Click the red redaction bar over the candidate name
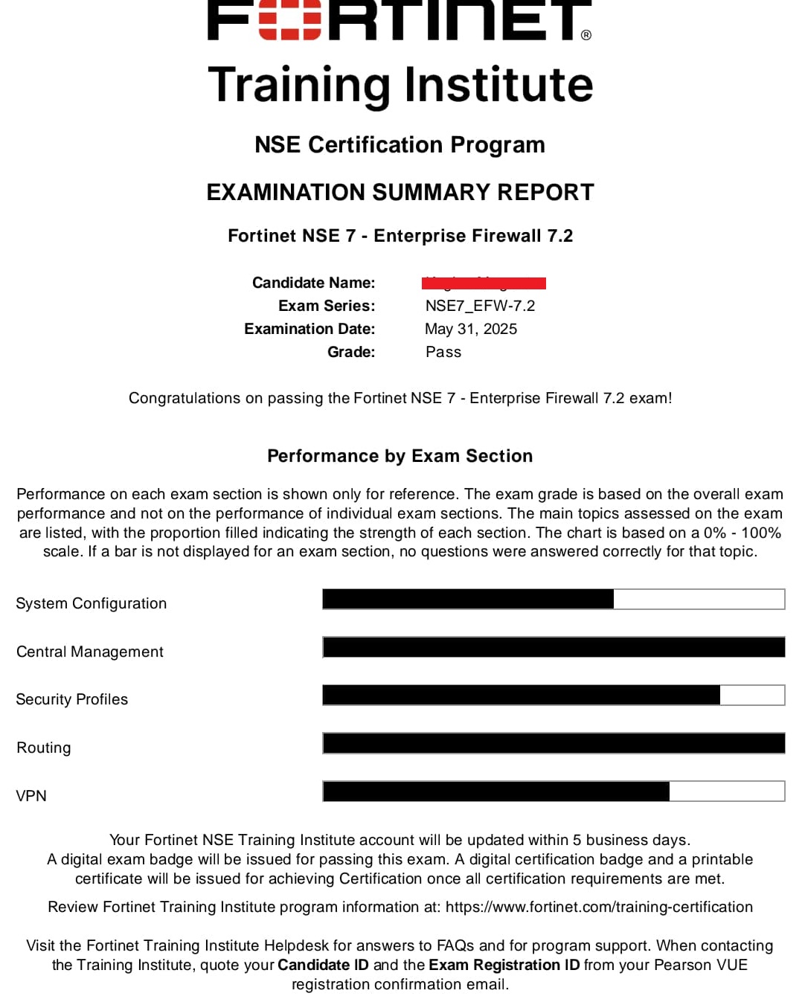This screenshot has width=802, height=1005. pyautogui.click(x=484, y=283)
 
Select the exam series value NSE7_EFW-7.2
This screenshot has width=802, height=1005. pyautogui.click(x=480, y=306)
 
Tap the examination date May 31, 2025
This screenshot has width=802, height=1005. pyautogui.click(x=470, y=329)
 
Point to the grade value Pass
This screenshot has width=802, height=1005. pyautogui.click(x=443, y=352)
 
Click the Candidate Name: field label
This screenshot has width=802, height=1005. pyautogui.click(x=313, y=283)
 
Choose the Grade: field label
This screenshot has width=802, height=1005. pyautogui.click(x=351, y=352)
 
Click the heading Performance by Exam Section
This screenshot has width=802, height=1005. pyautogui.click(x=400, y=456)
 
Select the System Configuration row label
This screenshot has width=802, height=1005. pyautogui.click(x=92, y=603)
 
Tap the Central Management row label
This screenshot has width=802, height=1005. pyautogui.click(x=90, y=652)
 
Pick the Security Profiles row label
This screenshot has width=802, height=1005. pyautogui.click(x=72, y=699)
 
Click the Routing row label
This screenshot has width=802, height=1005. pyautogui.click(x=44, y=748)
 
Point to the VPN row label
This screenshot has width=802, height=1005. pyautogui.click(x=31, y=796)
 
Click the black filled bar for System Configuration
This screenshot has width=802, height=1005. pyautogui.click(x=468, y=599)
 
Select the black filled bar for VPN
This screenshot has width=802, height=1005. pyautogui.click(x=496, y=791)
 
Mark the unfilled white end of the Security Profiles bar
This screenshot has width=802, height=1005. pyautogui.click(x=752, y=695)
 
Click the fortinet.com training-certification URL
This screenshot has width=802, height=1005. pyautogui.click(x=599, y=907)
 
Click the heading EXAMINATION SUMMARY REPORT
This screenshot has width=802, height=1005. pyautogui.click(x=400, y=192)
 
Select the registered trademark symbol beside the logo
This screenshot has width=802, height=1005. pyautogui.click(x=586, y=35)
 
